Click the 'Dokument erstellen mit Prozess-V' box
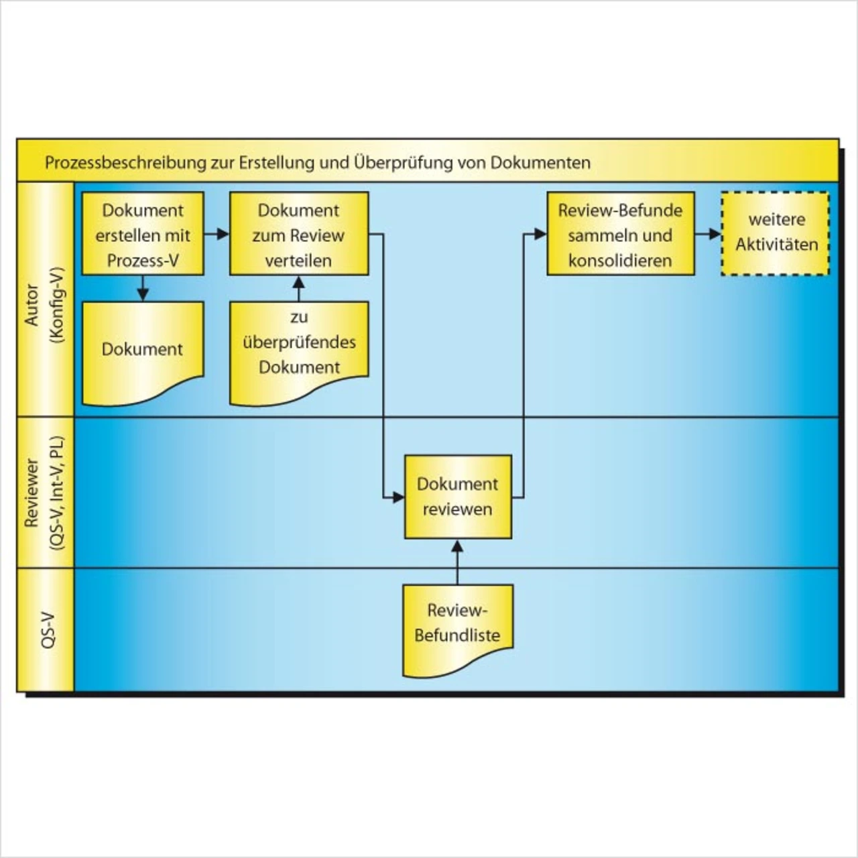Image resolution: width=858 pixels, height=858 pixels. click(143, 235)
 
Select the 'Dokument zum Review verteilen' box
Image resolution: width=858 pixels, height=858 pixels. click(299, 235)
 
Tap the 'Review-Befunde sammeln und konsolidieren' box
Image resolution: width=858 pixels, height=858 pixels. click(620, 235)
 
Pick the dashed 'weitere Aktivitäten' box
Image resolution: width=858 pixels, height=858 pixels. click(775, 233)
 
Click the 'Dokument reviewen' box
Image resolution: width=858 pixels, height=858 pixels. click(458, 497)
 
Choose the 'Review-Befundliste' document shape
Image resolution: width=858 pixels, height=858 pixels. click(458, 623)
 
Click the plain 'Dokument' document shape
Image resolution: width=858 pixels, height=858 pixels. click(143, 350)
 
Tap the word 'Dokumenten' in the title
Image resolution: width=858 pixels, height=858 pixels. click(540, 163)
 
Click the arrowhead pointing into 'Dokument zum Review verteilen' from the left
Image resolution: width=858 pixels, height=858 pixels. click(224, 235)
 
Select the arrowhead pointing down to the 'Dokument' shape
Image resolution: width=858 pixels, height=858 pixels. click(143, 295)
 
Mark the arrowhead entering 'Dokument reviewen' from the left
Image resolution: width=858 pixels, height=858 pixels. click(399, 497)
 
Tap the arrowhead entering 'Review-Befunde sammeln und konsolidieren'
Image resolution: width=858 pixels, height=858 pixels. click(541, 235)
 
